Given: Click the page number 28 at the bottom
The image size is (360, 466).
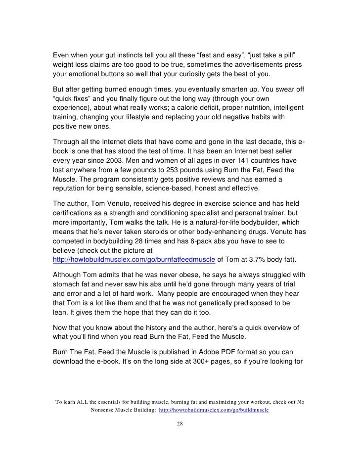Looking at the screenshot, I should (180, 424).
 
